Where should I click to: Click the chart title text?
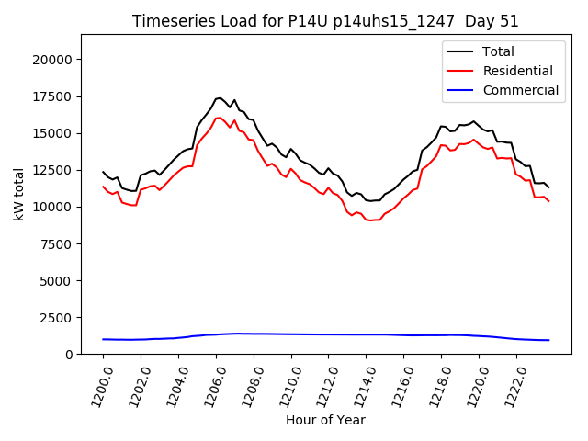[326, 21]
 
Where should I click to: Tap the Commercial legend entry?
[521, 90]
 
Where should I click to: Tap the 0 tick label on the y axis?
[69, 354]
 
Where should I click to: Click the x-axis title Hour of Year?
[325, 420]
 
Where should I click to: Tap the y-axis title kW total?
[17, 194]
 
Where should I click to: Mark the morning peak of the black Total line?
[219, 97]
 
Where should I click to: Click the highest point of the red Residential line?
[219, 117]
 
